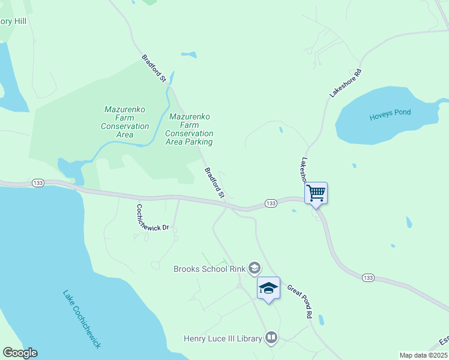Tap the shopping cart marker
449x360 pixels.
tap(316, 193)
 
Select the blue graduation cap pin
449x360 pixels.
tap(268, 289)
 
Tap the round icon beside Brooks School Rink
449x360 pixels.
tap(255, 268)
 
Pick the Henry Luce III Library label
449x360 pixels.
tap(223, 339)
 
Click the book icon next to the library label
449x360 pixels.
tap(271, 338)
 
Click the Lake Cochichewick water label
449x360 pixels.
tap(82, 319)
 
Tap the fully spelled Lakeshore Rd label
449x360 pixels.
tap(346, 83)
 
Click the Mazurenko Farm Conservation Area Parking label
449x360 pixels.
tap(190, 130)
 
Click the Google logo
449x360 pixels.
tap(20, 353)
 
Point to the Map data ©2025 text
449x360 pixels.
tap(423, 355)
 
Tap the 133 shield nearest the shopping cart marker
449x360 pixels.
tap(271, 204)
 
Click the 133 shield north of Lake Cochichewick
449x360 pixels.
tap(37, 183)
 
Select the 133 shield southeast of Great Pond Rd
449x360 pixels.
tap(368, 277)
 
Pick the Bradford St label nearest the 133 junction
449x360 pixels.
tap(214, 183)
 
